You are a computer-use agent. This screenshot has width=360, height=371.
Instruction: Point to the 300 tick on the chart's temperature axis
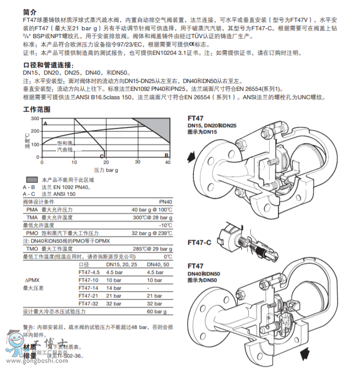pos(35,118)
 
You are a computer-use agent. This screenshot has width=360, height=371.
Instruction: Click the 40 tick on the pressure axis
pos(168,162)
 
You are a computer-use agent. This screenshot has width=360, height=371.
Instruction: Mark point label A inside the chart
pos(45,123)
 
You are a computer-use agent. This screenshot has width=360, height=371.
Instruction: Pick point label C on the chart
pos(102,155)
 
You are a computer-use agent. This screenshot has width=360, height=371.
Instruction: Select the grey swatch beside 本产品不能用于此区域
pos(31,179)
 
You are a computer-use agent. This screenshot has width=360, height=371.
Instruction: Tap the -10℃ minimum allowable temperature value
pos(165,225)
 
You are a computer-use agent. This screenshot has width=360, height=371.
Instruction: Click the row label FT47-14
pos(88,288)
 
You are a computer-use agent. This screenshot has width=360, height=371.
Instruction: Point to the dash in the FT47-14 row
pos(148,288)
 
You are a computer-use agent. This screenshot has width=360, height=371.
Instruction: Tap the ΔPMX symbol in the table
pos(32,280)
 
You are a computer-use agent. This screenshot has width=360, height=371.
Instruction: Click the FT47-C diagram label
pos(199,243)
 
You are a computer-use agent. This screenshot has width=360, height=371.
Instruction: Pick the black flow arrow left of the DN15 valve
pos(192,156)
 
